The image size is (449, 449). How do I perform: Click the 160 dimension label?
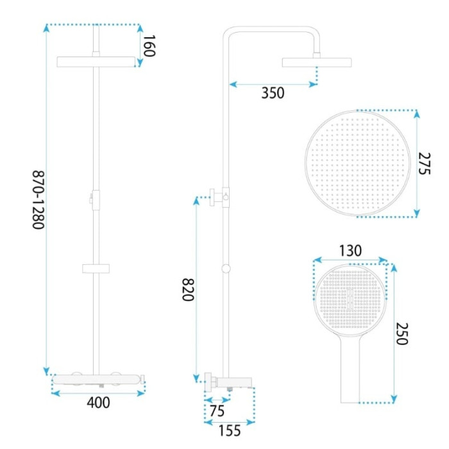click(x=149, y=46)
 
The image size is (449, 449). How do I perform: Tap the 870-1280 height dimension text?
click(x=38, y=200)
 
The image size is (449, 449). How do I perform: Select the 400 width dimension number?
click(x=98, y=402)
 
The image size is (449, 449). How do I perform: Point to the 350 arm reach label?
click(x=273, y=93)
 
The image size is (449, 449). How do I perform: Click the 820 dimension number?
click(x=189, y=289)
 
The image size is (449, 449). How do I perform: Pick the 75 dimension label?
click(x=217, y=411)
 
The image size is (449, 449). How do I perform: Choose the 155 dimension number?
click(x=230, y=430)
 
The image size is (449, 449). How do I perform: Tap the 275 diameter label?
click(x=425, y=164)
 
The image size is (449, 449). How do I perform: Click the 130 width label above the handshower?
click(x=350, y=251)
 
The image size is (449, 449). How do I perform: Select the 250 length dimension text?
click(x=402, y=334)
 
